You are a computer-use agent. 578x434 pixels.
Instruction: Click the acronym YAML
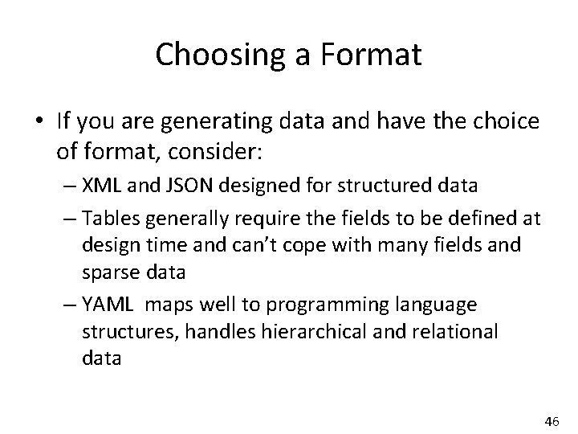[x=105, y=307]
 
